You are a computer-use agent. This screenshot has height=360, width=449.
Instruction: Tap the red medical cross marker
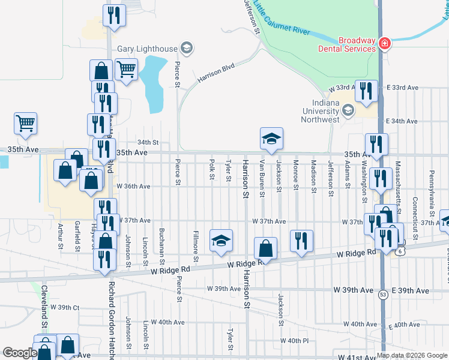(384, 44)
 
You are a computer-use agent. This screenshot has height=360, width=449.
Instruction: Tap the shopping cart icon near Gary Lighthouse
(126, 70)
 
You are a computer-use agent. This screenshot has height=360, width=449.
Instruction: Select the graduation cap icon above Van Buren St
(271, 139)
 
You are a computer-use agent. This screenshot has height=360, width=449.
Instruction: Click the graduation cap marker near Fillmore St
(221, 241)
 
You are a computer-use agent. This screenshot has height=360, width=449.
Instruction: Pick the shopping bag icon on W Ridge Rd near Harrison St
(265, 248)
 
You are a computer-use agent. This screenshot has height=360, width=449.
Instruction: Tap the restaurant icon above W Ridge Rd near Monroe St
(301, 241)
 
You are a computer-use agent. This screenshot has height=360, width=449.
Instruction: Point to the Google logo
(20, 353)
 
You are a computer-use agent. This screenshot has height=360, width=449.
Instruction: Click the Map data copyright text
(412, 355)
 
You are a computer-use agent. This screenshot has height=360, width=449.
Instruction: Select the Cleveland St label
(44, 306)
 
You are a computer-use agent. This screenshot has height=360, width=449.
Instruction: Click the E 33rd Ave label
(402, 88)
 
